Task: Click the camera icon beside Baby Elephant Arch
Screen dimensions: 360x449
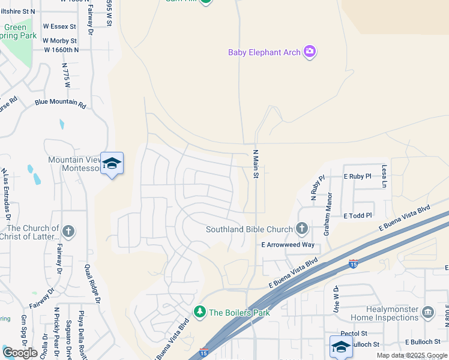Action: click(x=310, y=52)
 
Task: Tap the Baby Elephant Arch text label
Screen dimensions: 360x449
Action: click(x=264, y=52)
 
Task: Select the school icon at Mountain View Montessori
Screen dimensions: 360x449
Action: click(x=112, y=164)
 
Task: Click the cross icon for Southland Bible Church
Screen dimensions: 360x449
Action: click(x=301, y=229)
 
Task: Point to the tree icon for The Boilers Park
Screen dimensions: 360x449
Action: click(x=199, y=311)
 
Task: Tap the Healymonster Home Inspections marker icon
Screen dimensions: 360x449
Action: click(x=428, y=312)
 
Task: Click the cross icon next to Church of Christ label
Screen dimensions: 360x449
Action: click(x=68, y=231)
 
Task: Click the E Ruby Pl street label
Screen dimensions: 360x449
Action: click(x=358, y=176)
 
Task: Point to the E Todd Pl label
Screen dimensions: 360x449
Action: click(x=358, y=215)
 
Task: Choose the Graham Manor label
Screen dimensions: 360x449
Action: click(x=328, y=213)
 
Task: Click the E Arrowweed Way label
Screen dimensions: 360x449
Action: click(x=288, y=245)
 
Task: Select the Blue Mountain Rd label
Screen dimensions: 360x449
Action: click(x=60, y=103)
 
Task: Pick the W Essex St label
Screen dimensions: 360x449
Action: click(x=59, y=26)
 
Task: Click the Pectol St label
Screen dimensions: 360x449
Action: click(x=354, y=333)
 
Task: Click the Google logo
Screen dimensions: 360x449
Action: click(x=20, y=352)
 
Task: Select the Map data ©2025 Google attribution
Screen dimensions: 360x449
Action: click(x=411, y=355)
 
